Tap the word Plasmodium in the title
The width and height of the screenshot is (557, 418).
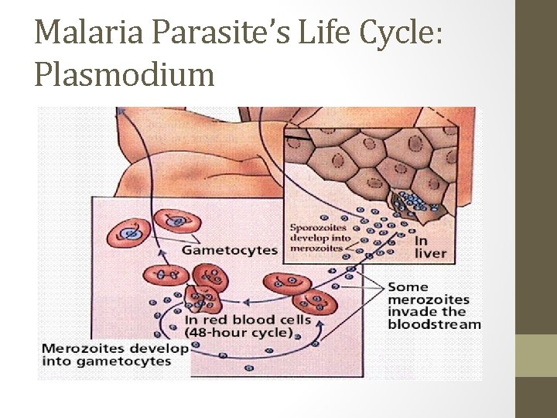[125, 74]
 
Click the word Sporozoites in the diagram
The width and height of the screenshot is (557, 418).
[318, 228]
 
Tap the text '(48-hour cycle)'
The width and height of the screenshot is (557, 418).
[239, 334]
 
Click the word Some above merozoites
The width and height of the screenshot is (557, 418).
[408, 287]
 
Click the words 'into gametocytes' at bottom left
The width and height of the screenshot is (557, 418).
[106, 361]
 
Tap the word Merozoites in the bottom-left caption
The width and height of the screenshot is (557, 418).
[77, 348]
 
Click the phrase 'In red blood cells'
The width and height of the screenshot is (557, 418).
[248, 320]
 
